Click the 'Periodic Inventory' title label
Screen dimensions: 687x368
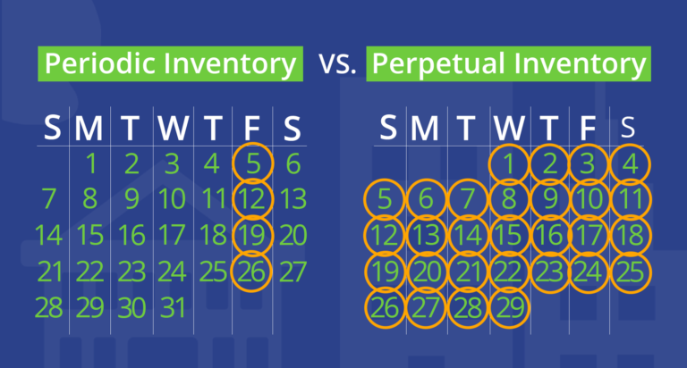[x=171, y=64]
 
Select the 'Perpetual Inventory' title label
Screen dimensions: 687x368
[x=509, y=64]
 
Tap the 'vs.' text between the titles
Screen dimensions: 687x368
[x=337, y=63]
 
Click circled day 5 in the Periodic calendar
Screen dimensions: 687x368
[x=253, y=163]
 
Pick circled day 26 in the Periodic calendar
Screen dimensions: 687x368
[x=251, y=272]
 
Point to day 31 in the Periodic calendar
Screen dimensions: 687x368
[x=174, y=307]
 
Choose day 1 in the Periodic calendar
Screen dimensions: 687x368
[x=91, y=163]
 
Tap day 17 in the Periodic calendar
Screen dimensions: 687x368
[x=172, y=236]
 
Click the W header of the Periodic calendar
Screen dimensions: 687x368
[x=174, y=129]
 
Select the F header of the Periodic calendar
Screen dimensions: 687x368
[x=251, y=129]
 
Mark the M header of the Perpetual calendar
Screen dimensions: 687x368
[x=425, y=129]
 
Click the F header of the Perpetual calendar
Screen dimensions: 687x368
[x=588, y=129]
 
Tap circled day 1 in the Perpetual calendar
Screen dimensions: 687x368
[x=509, y=164]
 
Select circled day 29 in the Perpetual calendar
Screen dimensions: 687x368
[x=510, y=307]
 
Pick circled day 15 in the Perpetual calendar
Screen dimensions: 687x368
[x=509, y=236]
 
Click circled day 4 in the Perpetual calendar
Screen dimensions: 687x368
[x=630, y=164]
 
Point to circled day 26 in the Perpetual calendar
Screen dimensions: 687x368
[x=386, y=307]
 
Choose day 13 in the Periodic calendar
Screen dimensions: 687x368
[x=293, y=199]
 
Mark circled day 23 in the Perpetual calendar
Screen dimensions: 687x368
[x=549, y=272]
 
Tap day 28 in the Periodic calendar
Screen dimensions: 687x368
[x=48, y=307]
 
